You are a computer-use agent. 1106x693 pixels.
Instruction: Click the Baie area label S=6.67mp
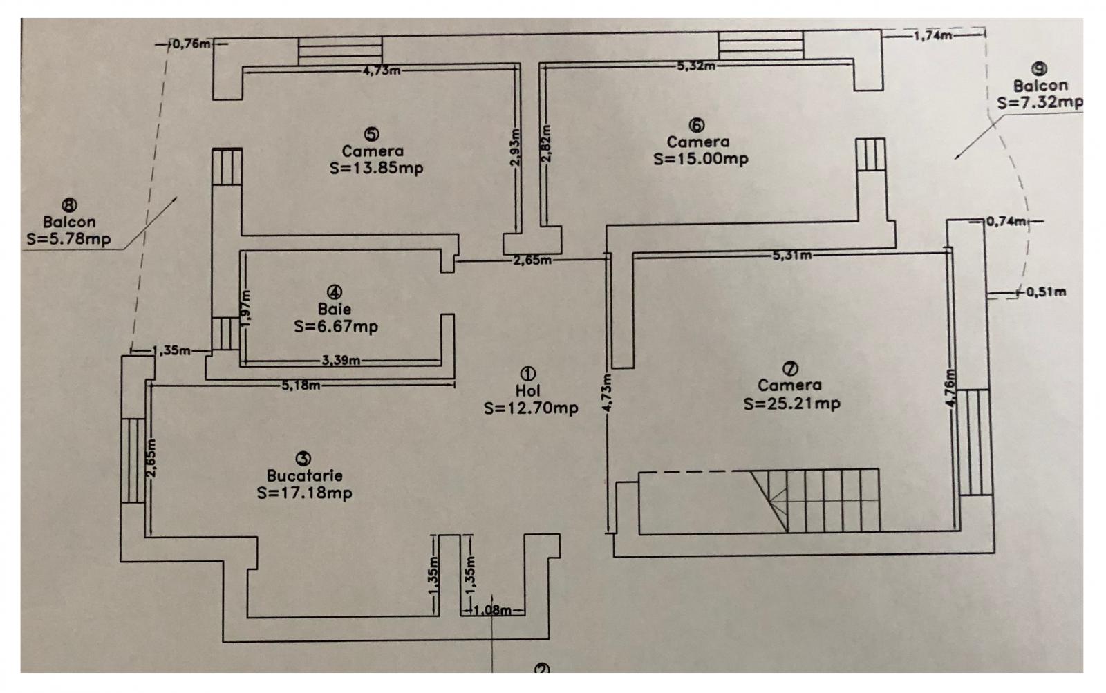(x=336, y=327)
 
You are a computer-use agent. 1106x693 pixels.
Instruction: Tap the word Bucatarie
(x=304, y=476)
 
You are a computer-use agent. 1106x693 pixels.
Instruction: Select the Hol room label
(x=528, y=391)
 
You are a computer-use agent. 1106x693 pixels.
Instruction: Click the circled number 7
(x=790, y=368)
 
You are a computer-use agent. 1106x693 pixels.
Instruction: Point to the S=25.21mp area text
(x=791, y=404)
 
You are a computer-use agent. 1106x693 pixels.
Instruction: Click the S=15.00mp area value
(x=701, y=159)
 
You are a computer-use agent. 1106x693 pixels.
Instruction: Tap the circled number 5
(x=371, y=134)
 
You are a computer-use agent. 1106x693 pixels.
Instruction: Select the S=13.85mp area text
(x=376, y=169)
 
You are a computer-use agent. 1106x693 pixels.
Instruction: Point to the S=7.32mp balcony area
(x=1040, y=103)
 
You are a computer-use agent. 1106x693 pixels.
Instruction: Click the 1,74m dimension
(x=932, y=35)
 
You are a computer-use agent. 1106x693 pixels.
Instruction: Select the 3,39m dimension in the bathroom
(x=341, y=361)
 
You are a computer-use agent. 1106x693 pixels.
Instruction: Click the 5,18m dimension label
(x=301, y=385)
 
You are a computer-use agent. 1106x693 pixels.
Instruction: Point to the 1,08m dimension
(x=493, y=611)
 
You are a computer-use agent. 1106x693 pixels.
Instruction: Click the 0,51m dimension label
(x=1047, y=292)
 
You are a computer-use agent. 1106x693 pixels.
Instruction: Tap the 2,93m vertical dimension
(x=516, y=148)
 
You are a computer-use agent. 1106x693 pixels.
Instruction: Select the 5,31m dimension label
(x=792, y=255)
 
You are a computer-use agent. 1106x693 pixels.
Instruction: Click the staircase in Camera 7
(x=815, y=501)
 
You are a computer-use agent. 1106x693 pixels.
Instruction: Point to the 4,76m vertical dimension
(x=951, y=388)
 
